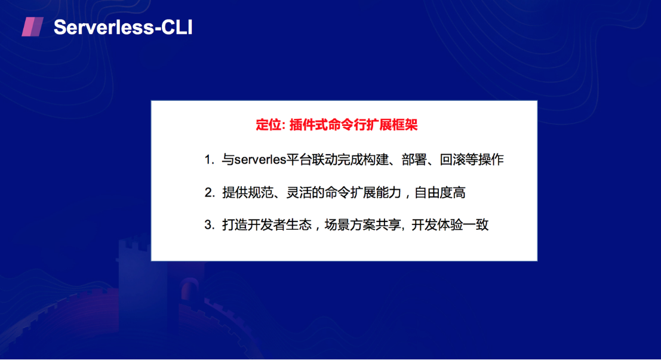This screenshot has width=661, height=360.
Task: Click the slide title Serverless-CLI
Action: pos(123,27)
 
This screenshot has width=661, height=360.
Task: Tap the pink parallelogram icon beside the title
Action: pos(32,27)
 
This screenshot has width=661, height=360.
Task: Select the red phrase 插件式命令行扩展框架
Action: pos(353,125)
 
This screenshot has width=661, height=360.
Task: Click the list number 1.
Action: pos(208,160)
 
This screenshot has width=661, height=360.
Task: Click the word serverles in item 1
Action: pos(260,160)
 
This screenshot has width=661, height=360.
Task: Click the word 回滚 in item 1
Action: pos(453,160)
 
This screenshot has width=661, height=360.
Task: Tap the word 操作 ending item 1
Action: pos(491,160)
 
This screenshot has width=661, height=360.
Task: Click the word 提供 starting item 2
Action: pos(235,193)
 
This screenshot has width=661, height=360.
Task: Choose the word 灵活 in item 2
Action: pos(299,193)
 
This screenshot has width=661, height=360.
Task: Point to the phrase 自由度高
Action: pos(440,193)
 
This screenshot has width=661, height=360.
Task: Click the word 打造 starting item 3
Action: pos(235,224)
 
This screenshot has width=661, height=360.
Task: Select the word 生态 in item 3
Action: pos(299,224)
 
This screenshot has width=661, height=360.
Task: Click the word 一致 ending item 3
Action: pos(476,224)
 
